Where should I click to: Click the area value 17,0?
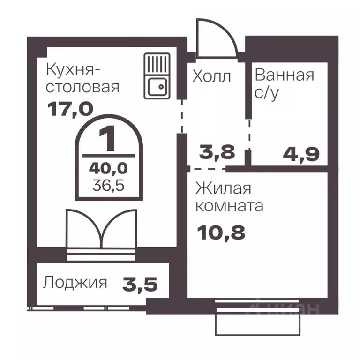(70, 109)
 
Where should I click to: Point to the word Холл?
(212, 76)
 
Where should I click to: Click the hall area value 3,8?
(216, 153)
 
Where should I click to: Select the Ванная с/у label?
(284, 83)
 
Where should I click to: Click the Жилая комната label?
(230, 197)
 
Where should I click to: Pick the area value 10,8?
(221, 232)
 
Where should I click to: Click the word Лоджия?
(75, 283)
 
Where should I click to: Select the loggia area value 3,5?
(140, 283)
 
